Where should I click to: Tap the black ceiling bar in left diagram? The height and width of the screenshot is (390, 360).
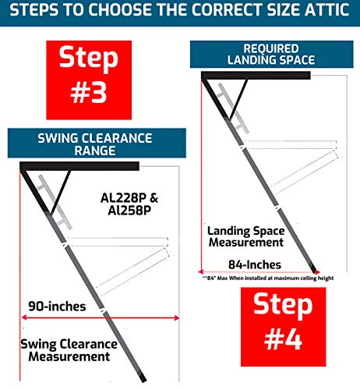click(x=78, y=166)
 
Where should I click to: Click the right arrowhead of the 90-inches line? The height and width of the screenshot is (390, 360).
click(x=177, y=317)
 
